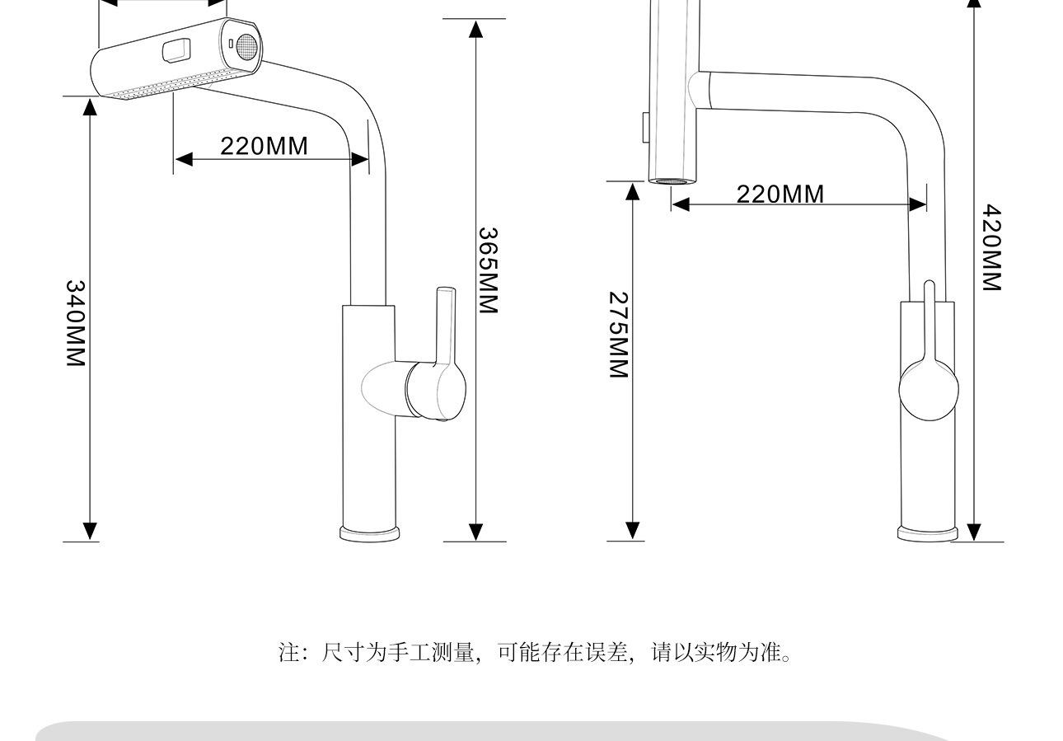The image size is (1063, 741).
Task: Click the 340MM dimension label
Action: point(75,324)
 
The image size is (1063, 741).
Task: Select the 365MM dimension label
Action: point(489,270)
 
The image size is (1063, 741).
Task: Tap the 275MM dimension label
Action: point(619,335)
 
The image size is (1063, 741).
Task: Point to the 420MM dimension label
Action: point(992,248)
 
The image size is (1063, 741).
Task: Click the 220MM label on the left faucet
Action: point(264,146)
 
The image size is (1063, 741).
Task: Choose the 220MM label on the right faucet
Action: point(780,194)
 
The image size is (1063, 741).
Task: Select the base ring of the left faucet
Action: point(370,533)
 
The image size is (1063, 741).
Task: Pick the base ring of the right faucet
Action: point(927,534)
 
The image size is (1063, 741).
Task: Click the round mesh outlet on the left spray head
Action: point(246,45)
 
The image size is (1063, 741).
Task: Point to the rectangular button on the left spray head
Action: point(176,51)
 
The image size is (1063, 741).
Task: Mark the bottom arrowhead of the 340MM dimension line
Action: point(90,532)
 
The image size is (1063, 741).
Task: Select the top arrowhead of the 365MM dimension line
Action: point(475,29)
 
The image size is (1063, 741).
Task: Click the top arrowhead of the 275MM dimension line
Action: point(632,191)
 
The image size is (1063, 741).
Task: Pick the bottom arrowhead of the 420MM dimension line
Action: point(974,532)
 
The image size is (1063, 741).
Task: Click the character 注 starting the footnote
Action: point(288,653)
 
